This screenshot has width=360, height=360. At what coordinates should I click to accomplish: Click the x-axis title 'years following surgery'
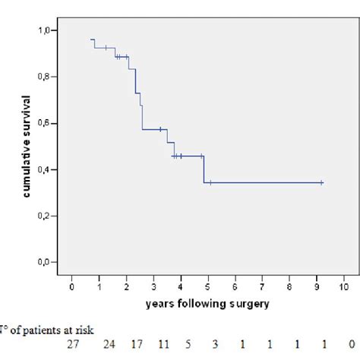(x=207, y=304)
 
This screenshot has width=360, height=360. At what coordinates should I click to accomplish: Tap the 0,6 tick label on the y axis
(x=47, y=123)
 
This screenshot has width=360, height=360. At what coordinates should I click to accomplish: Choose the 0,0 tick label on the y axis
(x=47, y=262)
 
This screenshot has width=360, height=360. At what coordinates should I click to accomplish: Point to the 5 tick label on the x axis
(x=207, y=287)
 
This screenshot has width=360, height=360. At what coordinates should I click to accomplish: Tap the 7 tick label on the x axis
(x=262, y=287)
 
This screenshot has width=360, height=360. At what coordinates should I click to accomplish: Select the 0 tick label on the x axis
(x=71, y=287)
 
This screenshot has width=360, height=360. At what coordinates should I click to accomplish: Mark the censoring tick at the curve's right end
(x=322, y=182)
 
